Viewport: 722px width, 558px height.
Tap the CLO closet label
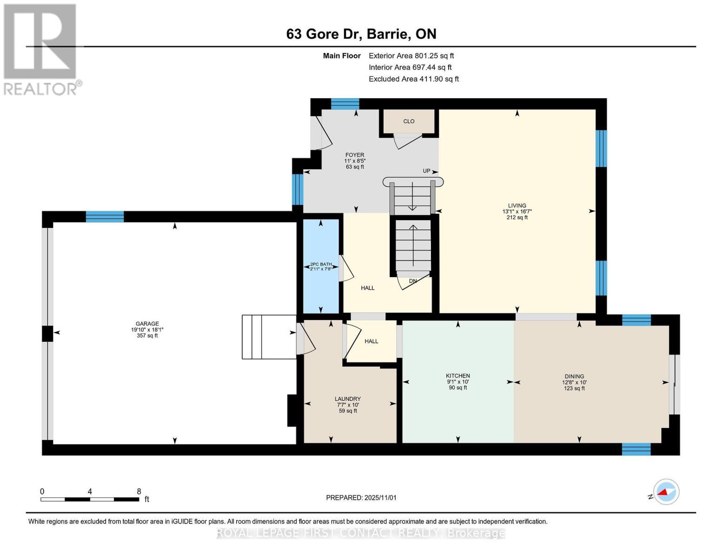[409, 121]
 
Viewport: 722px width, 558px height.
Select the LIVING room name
[517, 206]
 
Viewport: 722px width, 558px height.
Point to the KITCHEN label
[458, 376]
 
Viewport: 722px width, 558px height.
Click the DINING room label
[574, 377]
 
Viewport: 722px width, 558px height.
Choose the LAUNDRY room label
[348, 399]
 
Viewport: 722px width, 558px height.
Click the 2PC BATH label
[321, 265]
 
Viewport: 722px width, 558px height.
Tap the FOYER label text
[355, 155]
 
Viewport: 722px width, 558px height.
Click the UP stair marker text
[426, 171]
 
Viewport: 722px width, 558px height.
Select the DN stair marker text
[413, 281]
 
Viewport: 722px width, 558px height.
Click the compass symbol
[666, 492]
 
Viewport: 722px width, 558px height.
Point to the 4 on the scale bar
[90, 492]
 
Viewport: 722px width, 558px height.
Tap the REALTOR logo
[41, 49]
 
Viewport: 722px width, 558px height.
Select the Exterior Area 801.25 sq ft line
[411, 56]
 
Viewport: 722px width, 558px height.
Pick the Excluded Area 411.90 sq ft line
[413, 79]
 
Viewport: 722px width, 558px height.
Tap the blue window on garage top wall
[105, 217]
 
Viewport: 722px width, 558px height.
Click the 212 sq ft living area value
[517, 217]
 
